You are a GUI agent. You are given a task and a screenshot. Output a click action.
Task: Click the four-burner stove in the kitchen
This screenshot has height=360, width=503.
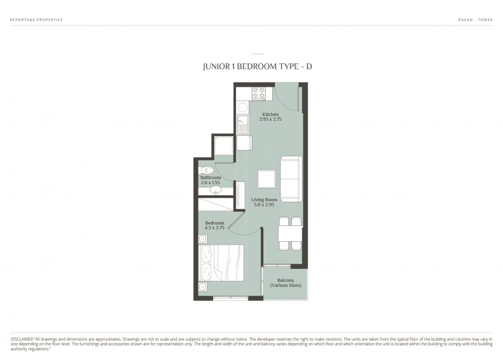(x=258, y=93)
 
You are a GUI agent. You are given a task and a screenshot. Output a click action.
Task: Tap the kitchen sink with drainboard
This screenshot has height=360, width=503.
(x=242, y=125)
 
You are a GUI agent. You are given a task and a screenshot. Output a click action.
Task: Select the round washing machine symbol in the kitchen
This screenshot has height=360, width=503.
(x=242, y=107)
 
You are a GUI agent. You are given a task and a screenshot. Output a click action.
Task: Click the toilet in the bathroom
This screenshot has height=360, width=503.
(x=206, y=170)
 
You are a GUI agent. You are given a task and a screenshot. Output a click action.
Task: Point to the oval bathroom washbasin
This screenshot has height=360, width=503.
(x=215, y=190)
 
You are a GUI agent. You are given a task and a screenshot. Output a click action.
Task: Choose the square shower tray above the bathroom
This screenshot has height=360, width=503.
(x=224, y=146)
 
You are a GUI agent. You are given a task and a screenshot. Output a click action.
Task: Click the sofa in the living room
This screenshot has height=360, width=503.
(x=291, y=179)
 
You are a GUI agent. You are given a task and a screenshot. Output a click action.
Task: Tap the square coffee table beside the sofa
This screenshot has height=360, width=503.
(x=267, y=179)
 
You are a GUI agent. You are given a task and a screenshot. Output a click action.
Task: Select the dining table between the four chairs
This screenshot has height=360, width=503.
(x=290, y=234)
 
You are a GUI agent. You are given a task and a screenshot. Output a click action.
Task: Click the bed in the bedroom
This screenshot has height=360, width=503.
(x=221, y=263)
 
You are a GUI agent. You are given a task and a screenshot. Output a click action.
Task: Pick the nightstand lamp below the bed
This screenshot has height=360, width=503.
(x=203, y=286)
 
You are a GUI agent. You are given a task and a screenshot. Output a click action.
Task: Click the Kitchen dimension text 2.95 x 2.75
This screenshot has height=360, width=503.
(x=270, y=119)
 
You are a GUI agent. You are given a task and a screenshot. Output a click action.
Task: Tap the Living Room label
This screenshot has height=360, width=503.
(x=264, y=200)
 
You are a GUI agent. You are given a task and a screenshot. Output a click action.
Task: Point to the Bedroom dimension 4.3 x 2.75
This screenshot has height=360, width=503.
(x=214, y=228)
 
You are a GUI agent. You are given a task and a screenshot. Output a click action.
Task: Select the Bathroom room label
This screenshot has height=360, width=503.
(x=211, y=178)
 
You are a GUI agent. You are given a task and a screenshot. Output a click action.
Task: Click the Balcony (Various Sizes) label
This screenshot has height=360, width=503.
(x=285, y=283)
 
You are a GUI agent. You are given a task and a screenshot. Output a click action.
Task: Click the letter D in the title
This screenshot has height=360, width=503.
(x=308, y=67)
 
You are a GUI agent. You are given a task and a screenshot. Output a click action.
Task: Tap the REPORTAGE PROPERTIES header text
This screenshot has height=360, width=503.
(x=36, y=20)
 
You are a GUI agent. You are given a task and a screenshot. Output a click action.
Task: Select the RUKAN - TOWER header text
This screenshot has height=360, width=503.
(x=476, y=20)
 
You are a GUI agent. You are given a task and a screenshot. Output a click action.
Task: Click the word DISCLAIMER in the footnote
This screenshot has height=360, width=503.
(x=22, y=339)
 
